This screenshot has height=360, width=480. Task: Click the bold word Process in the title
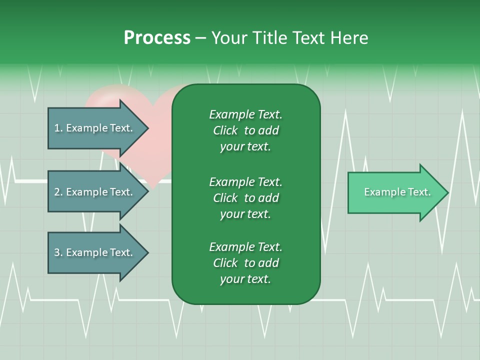(x=157, y=38)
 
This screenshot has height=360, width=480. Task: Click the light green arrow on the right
(x=395, y=192)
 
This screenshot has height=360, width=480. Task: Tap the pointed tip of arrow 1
(x=147, y=128)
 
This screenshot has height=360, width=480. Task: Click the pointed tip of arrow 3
(x=147, y=252)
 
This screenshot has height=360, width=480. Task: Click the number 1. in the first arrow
(x=58, y=128)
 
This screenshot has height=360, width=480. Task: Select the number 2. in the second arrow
(x=58, y=192)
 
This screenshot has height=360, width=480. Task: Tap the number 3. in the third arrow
(x=58, y=252)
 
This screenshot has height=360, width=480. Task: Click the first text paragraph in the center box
(x=245, y=130)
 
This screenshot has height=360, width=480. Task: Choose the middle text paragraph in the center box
(x=245, y=197)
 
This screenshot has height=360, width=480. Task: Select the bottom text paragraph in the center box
(x=245, y=263)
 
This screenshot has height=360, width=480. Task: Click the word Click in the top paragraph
(x=225, y=130)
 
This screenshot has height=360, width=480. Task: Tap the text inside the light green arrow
(x=397, y=192)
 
